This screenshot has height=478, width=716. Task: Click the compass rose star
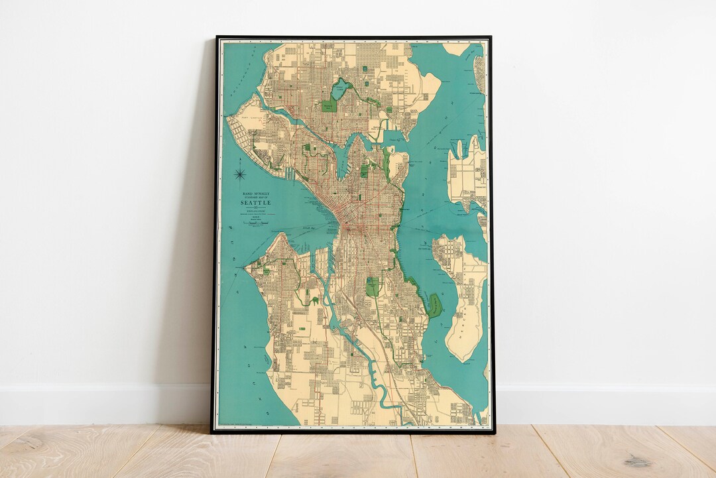pos(240,175)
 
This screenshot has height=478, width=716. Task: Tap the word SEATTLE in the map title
pos(255,202)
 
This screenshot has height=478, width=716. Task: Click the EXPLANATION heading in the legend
pos(255,211)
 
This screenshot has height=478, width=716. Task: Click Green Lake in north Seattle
pos(341,89)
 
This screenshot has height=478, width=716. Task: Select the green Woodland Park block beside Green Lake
pos(329,105)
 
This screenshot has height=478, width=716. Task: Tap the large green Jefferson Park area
pos(373,287)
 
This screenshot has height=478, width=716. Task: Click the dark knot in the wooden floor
pos(637,461)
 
